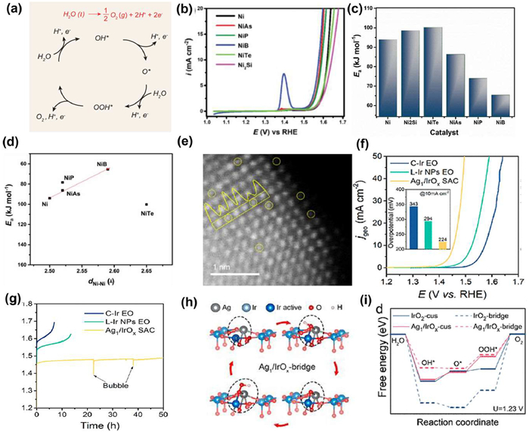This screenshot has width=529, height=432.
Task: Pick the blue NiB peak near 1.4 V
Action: [x=283, y=76]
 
